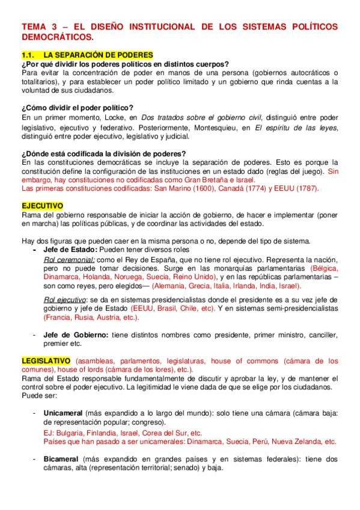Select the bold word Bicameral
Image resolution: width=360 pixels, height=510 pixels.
pos(63,458)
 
